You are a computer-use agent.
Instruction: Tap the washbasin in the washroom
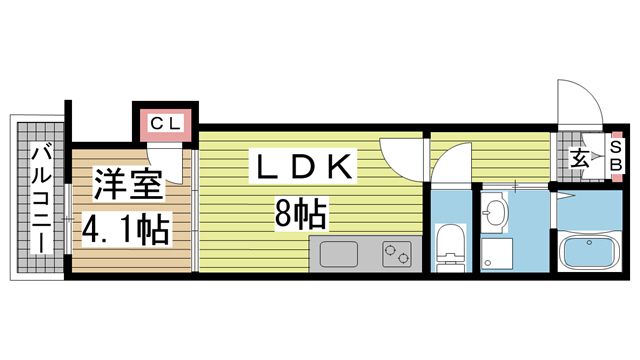pyautogui.click(x=494, y=213)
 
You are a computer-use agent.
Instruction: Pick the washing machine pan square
pyautogui.click(x=495, y=252)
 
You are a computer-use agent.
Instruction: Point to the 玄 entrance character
pyautogui.click(x=580, y=158)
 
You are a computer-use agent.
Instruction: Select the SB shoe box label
pyautogui.click(x=615, y=157)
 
